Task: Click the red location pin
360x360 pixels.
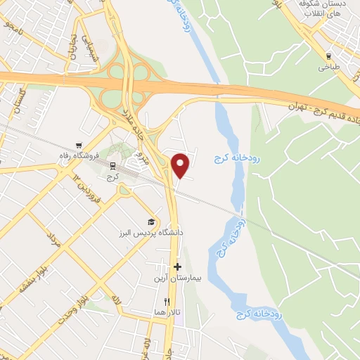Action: pyautogui.click(x=181, y=165)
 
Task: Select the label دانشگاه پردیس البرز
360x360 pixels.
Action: pyautogui.click(x=150, y=231)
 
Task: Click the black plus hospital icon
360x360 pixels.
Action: pyautogui.click(x=178, y=267)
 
